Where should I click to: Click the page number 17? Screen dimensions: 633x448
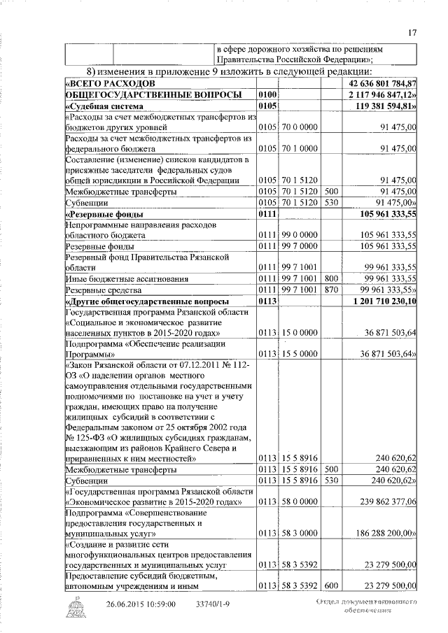[x=413, y=31]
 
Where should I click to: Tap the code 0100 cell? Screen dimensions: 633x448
[x=268, y=94]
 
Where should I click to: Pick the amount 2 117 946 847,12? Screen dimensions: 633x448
[x=377, y=94]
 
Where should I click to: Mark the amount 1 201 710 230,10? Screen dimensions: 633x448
[x=379, y=301]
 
